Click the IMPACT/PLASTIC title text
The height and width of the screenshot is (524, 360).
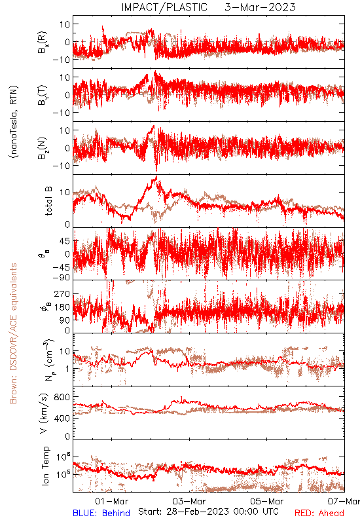point(164,7)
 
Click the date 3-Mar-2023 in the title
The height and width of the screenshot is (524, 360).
point(260,7)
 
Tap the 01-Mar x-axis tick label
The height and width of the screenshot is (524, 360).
point(111,501)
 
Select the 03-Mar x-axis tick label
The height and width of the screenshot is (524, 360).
point(189,501)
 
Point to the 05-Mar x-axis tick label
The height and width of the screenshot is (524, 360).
point(267,501)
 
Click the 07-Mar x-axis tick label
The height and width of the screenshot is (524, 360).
point(344,501)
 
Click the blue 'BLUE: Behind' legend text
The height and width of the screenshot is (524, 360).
point(101,513)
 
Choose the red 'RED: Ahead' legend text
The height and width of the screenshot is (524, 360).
point(319,513)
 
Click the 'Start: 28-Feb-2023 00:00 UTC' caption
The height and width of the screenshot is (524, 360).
point(208,512)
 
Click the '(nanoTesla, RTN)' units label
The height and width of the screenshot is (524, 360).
point(14,122)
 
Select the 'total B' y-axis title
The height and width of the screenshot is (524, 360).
point(48,201)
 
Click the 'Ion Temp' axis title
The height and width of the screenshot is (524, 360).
point(45,466)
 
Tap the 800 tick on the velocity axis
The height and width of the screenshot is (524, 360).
point(62,398)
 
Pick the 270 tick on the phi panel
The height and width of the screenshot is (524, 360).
point(62,294)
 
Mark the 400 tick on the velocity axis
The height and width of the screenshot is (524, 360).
point(62,418)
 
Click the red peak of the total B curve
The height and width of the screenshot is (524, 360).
point(156,177)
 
